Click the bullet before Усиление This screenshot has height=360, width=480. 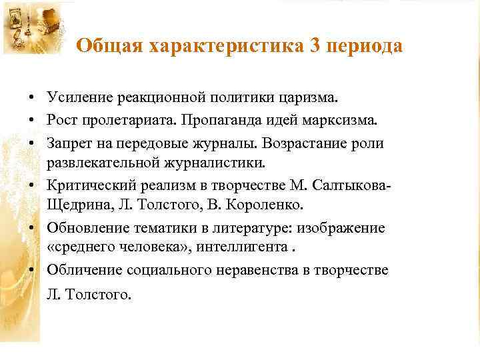(32, 99)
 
